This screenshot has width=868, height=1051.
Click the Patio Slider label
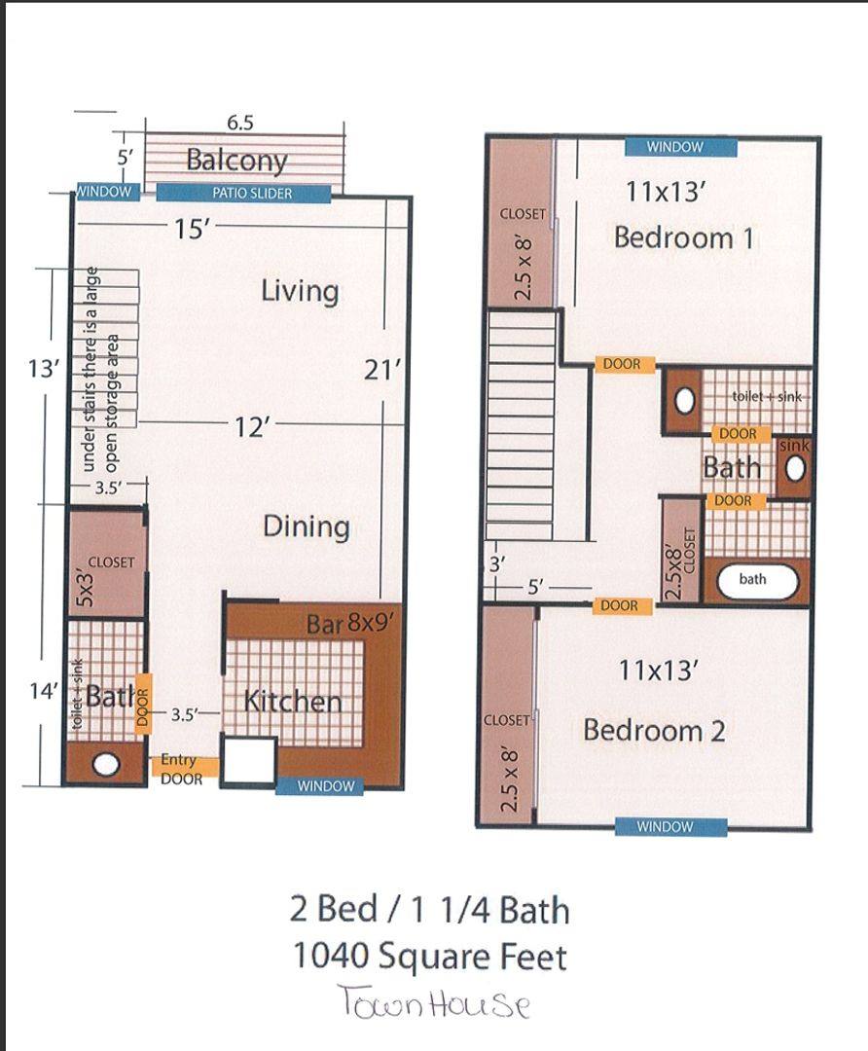point(252,194)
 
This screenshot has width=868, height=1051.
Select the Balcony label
point(236,161)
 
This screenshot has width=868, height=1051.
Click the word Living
point(300,292)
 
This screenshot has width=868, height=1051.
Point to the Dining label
point(307,526)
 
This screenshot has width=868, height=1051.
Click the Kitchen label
point(293,701)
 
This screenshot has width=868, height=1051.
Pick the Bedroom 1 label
point(684,238)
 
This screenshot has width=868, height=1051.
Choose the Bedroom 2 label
point(654,730)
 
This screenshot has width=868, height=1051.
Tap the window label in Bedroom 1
point(675,147)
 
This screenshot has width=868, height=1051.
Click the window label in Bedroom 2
point(665,827)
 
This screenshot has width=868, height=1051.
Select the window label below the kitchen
point(326,786)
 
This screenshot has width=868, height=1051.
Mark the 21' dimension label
point(382,370)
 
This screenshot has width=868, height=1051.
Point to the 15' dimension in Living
point(193,230)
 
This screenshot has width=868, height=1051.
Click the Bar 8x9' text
point(349,625)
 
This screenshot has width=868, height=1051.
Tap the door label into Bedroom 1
point(622,364)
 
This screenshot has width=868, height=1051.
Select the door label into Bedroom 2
point(619,606)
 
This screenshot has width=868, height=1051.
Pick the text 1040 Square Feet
point(430,957)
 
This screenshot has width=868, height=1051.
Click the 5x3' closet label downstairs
point(85,588)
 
